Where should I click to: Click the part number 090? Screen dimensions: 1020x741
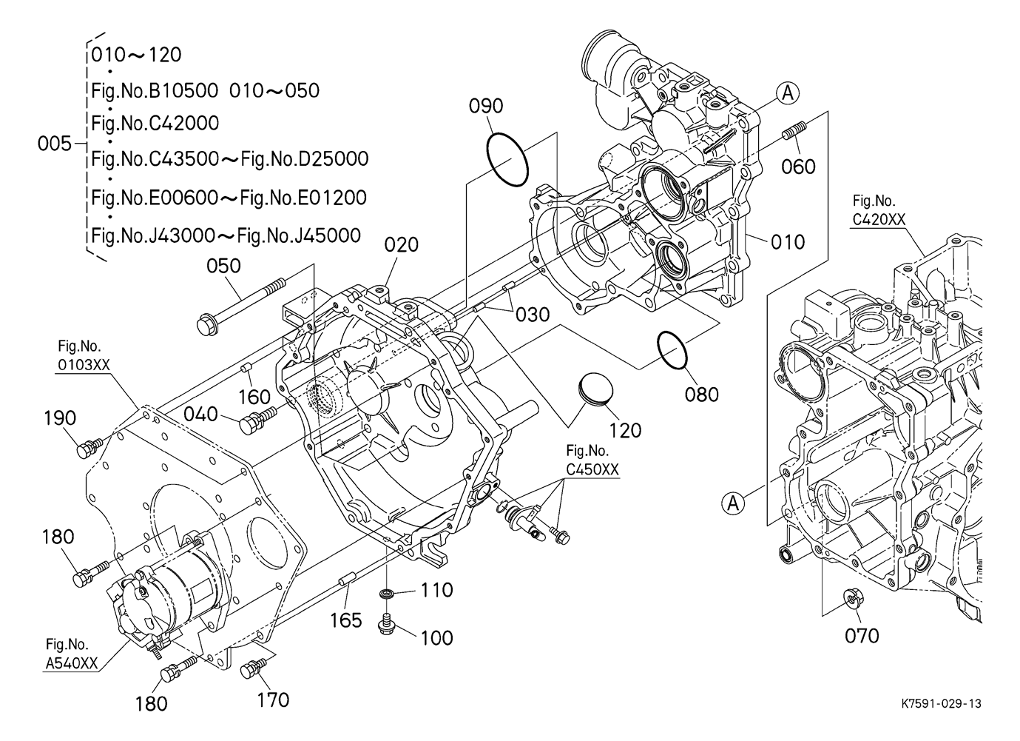486,106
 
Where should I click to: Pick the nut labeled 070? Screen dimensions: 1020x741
853,598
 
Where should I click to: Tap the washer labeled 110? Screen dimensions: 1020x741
387,594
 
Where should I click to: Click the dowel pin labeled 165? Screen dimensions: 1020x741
347,582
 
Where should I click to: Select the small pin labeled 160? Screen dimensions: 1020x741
246,367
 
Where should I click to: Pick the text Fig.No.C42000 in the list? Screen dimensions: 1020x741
155,124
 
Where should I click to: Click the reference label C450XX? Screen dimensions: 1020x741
592,469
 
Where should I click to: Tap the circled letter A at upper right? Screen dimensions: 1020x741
788,93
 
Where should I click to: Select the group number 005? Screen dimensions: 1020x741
55,144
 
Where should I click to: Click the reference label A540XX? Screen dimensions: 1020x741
72,663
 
